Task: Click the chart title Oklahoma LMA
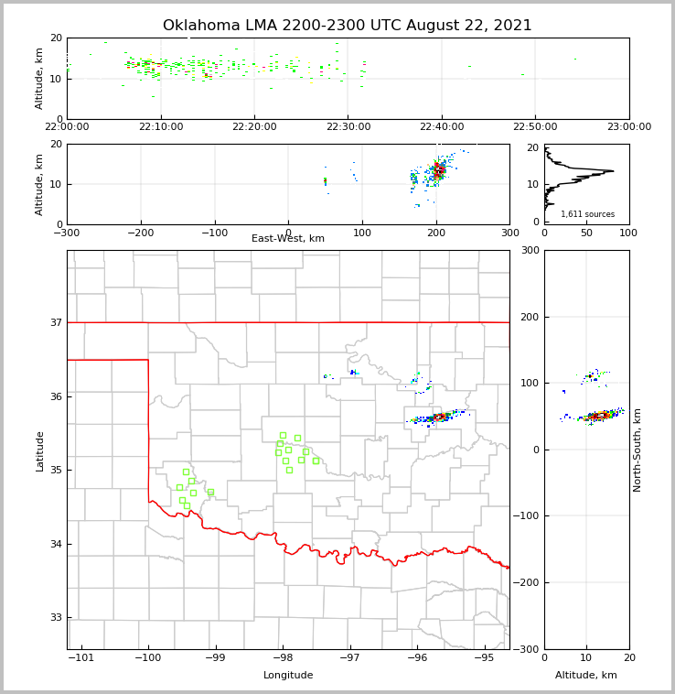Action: (x=347, y=26)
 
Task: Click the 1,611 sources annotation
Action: (x=587, y=214)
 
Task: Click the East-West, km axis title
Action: (x=288, y=239)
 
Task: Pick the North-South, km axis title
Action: (x=637, y=450)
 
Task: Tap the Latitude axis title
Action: (x=40, y=450)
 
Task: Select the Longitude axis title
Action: (x=288, y=676)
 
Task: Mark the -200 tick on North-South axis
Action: (x=529, y=583)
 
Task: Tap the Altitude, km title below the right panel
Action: (x=586, y=676)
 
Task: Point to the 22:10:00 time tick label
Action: (x=162, y=127)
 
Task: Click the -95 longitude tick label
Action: (x=484, y=658)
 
